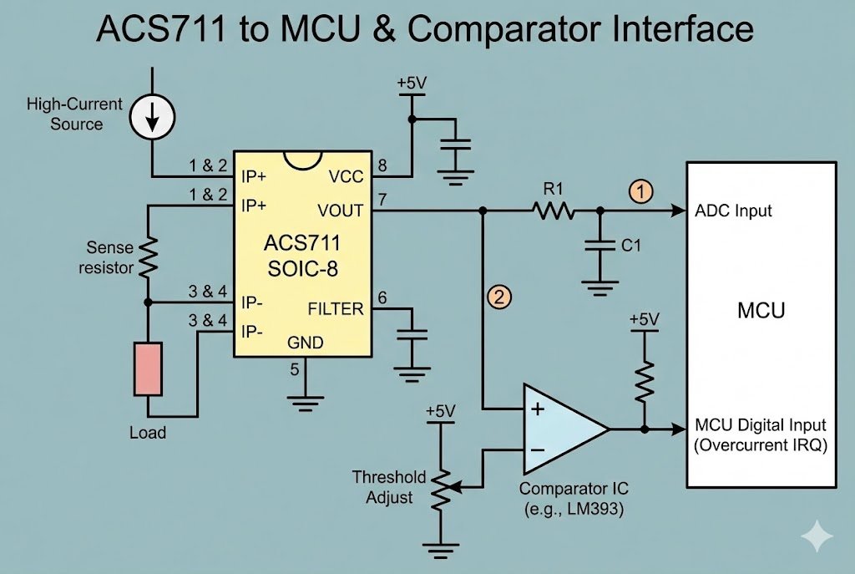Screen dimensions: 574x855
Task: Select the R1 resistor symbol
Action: (x=554, y=211)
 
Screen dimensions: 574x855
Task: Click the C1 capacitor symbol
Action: (x=599, y=247)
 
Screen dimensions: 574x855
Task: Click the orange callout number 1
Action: (x=640, y=191)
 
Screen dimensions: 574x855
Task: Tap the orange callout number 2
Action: (x=499, y=297)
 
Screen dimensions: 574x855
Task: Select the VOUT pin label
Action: (x=341, y=210)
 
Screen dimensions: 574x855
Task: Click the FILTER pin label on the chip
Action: (x=336, y=309)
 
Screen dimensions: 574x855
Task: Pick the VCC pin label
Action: (x=347, y=176)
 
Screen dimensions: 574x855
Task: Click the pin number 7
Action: (x=382, y=200)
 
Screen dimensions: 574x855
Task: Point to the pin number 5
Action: (x=294, y=368)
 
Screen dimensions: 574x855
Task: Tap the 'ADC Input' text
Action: (x=734, y=211)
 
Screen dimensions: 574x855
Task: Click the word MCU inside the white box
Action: (x=761, y=311)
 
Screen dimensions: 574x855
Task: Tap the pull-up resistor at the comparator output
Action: (x=644, y=379)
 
